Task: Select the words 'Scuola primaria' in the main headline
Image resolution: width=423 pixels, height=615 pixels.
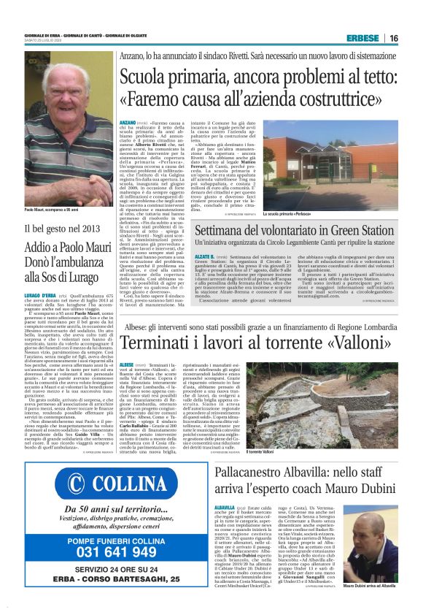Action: point(192,77)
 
